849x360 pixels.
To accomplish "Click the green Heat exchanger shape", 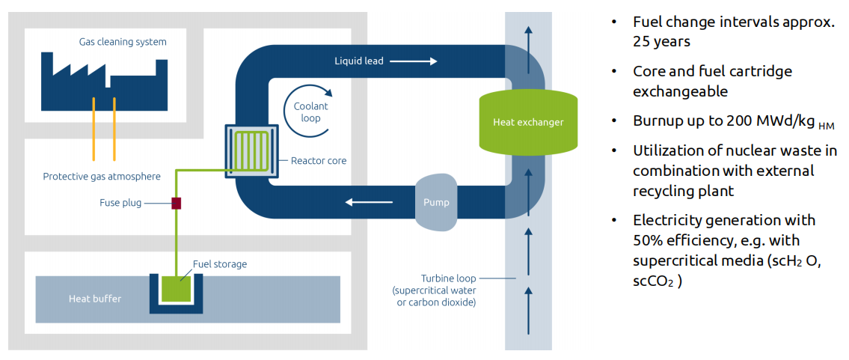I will click(x=528, y=121).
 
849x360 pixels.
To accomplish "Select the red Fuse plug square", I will click(x=177, y=203).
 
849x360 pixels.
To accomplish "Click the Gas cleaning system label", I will click(x=123, y=42).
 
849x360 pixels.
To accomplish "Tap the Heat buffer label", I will click(x=95, y=299).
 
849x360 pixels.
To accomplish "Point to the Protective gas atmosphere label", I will click(x=102, y=177).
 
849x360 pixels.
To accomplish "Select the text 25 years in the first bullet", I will click(x=660, y=41).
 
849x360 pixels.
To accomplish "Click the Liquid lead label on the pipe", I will click(x=358, y=61).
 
